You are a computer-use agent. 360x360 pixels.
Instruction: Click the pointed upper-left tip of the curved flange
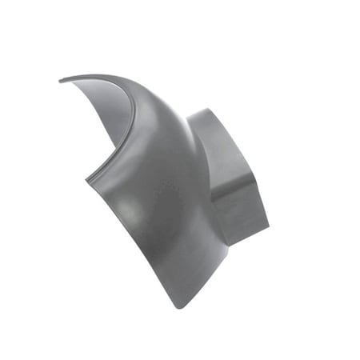[x=62, y=79]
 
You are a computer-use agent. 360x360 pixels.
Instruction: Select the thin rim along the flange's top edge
[x=104, y=78]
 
